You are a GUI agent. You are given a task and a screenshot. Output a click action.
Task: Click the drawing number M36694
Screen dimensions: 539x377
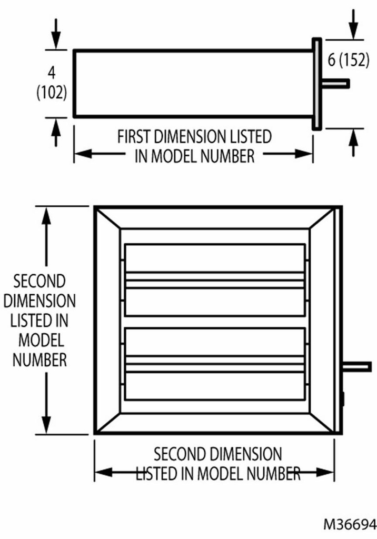350,524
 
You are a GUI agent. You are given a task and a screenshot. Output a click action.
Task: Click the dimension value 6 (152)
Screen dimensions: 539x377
348,60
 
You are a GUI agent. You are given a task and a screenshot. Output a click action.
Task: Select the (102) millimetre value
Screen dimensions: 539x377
52,93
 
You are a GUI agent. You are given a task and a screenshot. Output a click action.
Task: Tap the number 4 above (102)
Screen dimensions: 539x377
52,73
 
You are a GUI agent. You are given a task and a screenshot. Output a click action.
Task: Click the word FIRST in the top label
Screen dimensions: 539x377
133,137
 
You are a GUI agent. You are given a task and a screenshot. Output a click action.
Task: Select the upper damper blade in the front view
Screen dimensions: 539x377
214,280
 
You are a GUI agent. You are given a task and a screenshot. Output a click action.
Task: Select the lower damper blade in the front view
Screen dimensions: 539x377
214,364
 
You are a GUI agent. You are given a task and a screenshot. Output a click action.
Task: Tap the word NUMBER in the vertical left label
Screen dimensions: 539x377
40,360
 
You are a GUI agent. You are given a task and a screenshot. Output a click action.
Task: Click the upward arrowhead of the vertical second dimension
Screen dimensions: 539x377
47,216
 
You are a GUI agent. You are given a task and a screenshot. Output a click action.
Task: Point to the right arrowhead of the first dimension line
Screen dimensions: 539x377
305,154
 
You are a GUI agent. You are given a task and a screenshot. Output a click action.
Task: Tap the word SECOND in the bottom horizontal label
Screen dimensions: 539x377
179,454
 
